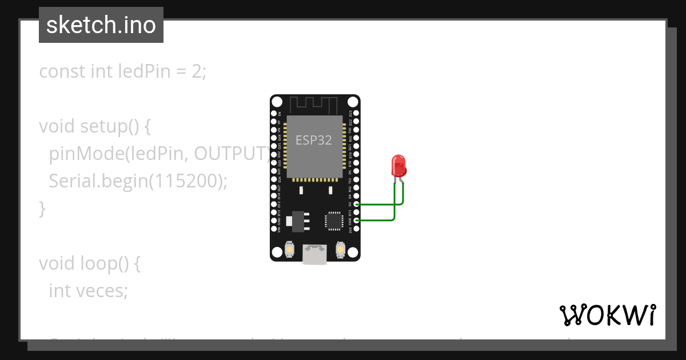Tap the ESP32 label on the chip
313,140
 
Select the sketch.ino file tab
101,25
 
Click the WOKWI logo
607,315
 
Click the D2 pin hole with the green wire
356,204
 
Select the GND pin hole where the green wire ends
356,220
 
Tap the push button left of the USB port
290,250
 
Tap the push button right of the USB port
341,250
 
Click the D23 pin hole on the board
356,114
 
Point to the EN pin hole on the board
274,114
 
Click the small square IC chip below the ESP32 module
334,221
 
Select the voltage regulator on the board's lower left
298,219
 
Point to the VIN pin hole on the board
274,228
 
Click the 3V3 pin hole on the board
356,228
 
